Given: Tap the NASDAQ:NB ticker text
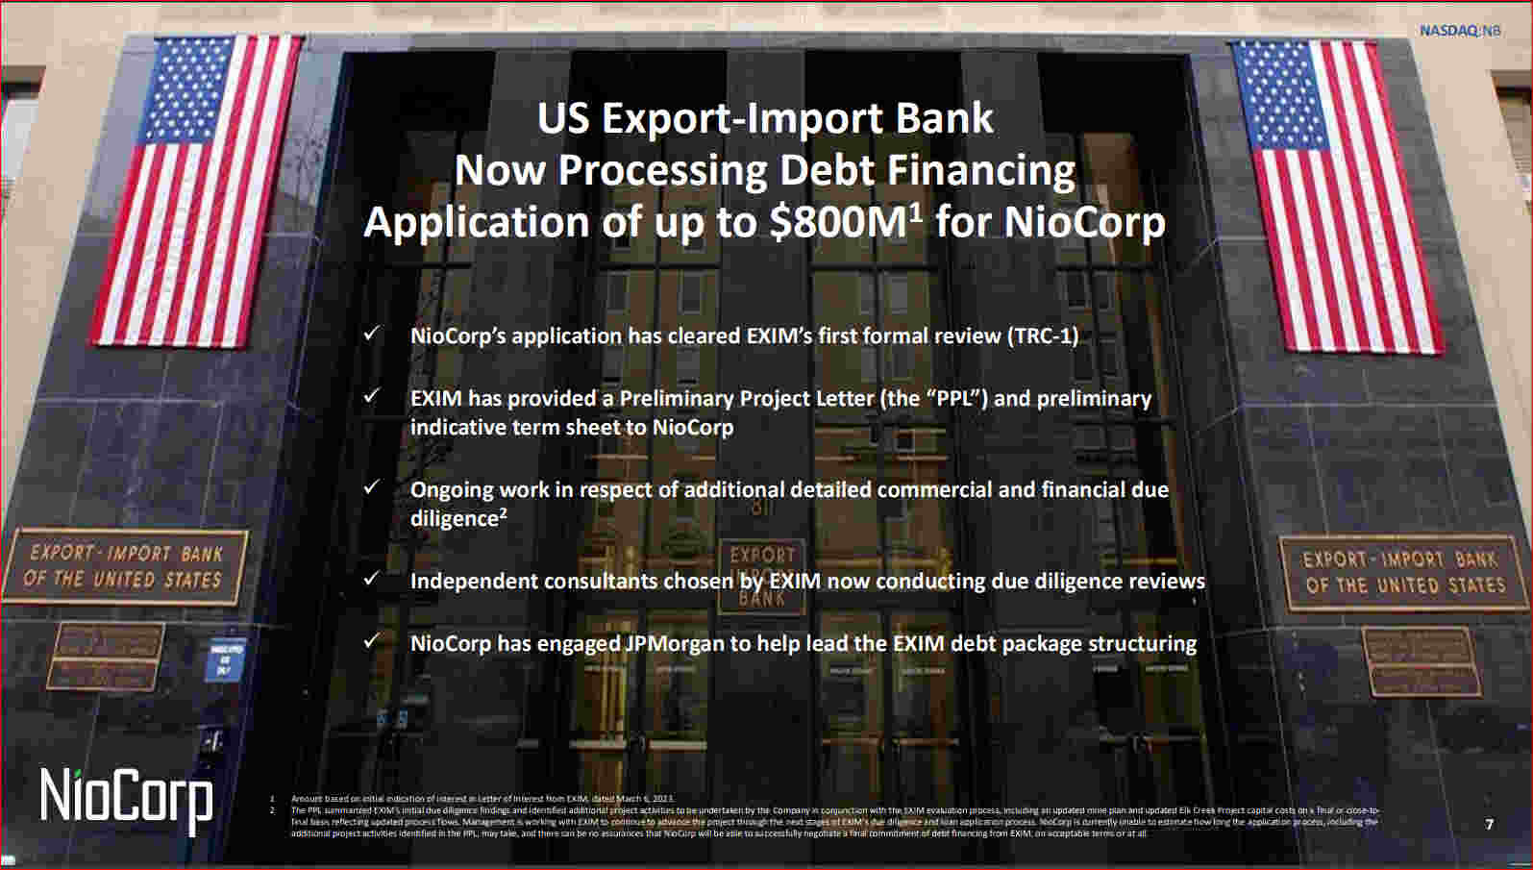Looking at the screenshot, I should click(x=1459, y=31).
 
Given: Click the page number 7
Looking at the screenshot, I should click(x=1490, y=824).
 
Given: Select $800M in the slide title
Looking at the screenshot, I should click(x=839, y=222).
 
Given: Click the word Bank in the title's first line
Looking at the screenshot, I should click(x=945, y=119).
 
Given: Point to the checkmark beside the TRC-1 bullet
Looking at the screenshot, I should click(x=372, y=334).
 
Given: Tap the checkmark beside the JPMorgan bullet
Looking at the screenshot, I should click(x=372, y=640).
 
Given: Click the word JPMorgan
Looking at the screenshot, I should click(x=675, y=643).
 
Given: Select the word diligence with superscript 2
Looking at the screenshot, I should click(x=457, y=518).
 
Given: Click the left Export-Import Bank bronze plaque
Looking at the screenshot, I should click(x=125, y=566).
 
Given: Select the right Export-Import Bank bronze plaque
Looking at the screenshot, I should click(x=1403, y=572).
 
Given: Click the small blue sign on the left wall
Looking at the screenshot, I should click(x=225, y=659).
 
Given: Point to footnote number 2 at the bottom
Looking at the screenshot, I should click(x=273, y=810).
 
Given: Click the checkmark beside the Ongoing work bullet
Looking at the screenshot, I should click(x=372, y=487).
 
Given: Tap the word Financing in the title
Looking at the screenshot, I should click(x=981, y=170).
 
